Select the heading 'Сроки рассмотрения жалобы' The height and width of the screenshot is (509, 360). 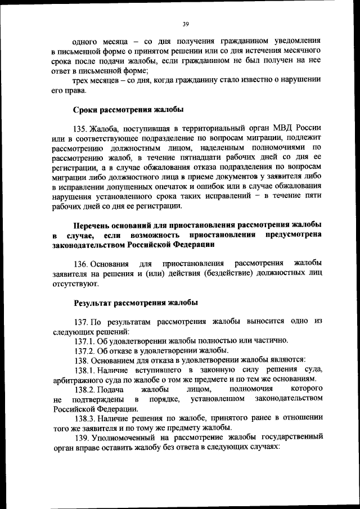click(129, 109)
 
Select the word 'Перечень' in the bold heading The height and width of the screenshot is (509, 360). click(92, 225)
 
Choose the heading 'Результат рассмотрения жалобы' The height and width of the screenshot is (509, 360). click(136, 303)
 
